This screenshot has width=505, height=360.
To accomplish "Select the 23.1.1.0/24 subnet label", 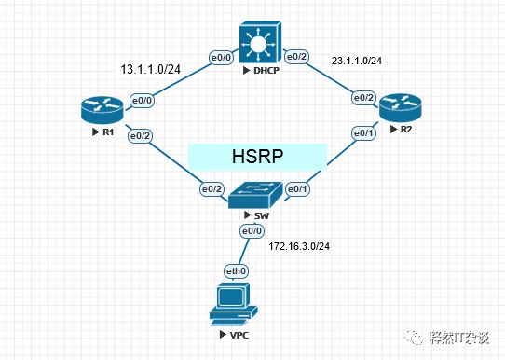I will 358,62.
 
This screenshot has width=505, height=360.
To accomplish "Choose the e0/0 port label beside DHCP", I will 220,58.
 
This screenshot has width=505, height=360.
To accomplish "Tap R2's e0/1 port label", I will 362,133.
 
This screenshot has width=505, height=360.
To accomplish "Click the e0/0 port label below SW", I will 252,230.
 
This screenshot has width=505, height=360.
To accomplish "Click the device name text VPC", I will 237,333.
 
